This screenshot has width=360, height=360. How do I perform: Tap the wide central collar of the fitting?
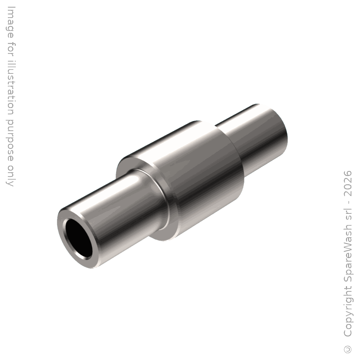tap(184, 179)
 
